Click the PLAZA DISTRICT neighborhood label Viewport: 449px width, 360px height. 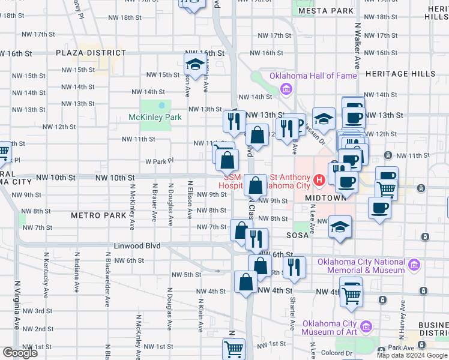point(91,53)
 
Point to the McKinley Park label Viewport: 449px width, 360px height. point(155,117)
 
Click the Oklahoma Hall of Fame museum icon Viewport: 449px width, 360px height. point(286,90)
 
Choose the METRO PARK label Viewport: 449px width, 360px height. point(98,215)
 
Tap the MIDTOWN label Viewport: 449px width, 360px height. point(325,197)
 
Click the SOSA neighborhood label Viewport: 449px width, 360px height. point(297,235)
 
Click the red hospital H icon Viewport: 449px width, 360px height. point(319,179)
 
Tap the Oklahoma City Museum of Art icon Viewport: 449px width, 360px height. point(367,327)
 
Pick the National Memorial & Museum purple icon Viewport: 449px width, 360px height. point(413,265)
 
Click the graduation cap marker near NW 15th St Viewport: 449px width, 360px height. point(195,64)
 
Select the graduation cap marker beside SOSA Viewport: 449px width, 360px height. point(340,227)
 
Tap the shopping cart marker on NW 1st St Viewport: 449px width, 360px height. point(234,349)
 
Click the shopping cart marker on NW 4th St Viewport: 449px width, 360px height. point(351,293)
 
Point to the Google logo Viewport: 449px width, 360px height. point(20,353)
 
